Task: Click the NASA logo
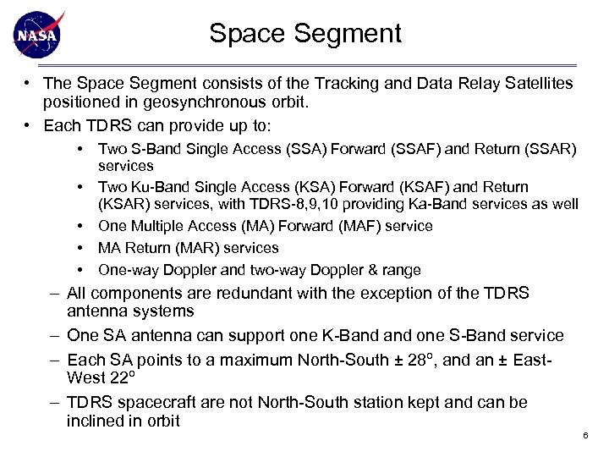click(x=38, y=35)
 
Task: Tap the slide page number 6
click(x=584, y=435)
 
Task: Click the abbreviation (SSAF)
click(x=412, y=149)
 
